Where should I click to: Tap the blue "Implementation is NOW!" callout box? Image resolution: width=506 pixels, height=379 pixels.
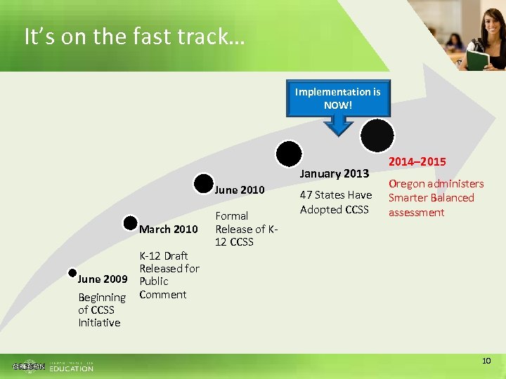coord(337,98)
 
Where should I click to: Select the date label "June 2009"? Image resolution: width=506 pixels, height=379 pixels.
coord(102,279)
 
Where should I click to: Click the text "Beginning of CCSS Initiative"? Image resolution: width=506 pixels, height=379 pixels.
coord(101,310)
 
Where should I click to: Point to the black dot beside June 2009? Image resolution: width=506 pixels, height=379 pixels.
coord(72,272)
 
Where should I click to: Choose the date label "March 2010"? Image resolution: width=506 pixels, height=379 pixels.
coord(168,229)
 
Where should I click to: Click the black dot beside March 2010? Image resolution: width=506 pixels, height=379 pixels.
coord(130,223)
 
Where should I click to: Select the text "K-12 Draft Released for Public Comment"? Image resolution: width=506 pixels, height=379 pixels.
coord(169,275)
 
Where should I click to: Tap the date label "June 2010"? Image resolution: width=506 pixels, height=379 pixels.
coord(240,189)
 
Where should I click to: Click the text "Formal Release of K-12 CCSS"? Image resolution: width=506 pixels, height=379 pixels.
coord(247,229)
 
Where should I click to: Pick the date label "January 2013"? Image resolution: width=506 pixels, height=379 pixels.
coord(335,173)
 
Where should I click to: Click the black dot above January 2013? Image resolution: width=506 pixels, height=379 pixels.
coord(289,153)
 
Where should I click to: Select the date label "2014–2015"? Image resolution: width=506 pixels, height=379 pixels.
coord(417,162)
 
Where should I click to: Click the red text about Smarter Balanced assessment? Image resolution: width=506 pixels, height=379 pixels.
coord(436,198)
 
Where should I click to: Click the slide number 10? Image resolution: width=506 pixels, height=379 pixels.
coord(486,361)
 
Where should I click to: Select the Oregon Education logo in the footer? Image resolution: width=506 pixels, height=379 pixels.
coord(53,366)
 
